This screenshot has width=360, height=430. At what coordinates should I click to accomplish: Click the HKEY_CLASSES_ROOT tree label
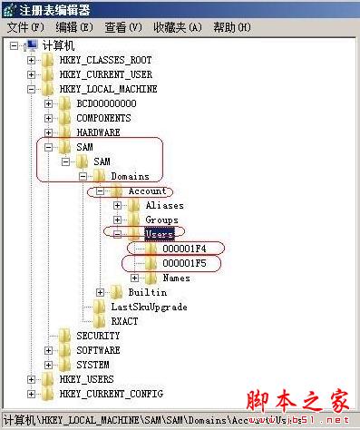pos(105,60)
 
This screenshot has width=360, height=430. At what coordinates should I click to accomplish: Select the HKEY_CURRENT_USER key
pos(105,74)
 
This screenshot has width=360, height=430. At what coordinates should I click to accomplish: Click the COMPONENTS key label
pos(103,118)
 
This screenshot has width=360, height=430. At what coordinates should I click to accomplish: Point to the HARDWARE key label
pos(98,132)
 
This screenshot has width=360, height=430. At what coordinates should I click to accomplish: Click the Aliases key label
pos(164,205)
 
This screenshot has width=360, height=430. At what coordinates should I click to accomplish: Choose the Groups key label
pos(161,220)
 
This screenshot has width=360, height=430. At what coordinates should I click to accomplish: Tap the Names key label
pos(176,278)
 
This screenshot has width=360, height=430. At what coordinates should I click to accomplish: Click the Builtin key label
pos(148,292)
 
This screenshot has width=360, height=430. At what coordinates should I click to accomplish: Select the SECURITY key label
pos(98,336)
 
